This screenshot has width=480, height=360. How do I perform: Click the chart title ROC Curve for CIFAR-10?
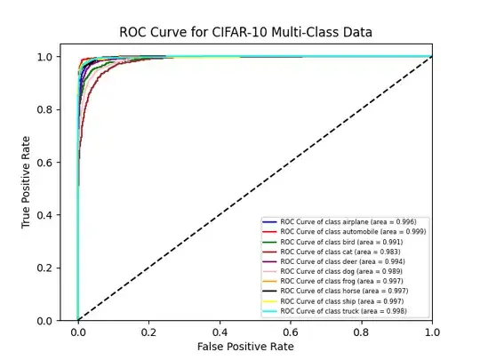coord(246,33)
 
